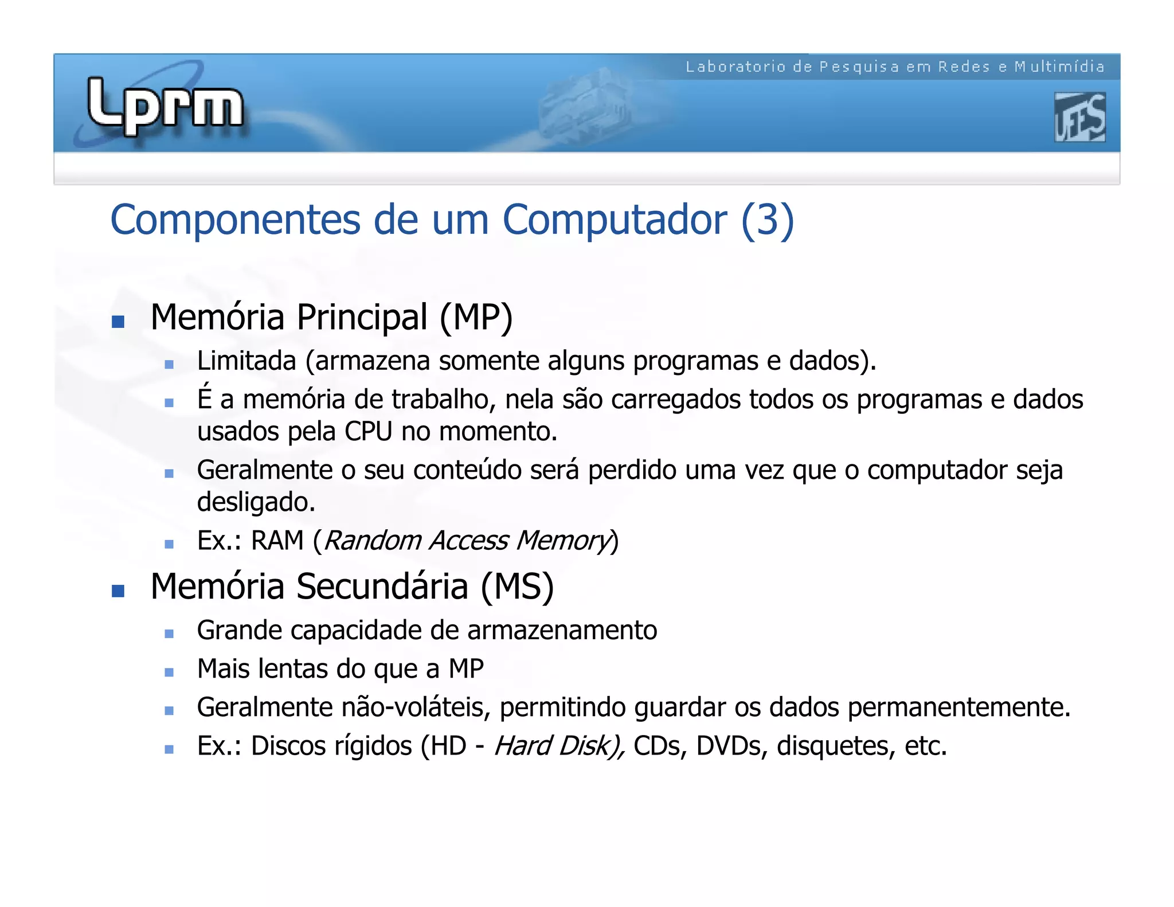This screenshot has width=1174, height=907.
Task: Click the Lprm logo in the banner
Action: pos(165,106)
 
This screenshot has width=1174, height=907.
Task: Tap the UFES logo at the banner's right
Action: pos(1079,118)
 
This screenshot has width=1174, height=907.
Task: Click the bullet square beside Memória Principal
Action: pos(118,322)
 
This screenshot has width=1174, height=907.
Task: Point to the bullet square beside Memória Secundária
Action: pos(118,591)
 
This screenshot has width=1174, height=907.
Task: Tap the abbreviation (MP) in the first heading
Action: pos(476,317)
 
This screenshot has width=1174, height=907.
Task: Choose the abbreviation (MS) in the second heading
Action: pos(517,587)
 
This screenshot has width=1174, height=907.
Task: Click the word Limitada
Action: pos(246,361)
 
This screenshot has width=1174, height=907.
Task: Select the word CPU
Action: pos(369,431)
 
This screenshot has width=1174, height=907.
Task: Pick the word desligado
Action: pos(256,502)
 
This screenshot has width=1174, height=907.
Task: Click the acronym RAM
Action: pos(277,541)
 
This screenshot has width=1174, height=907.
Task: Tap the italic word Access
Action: pos(469,541)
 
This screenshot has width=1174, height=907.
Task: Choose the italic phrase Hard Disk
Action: pos(557,746)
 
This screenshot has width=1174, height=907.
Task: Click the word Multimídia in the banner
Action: pos(1059,67)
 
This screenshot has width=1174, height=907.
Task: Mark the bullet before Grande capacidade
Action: pos(169,634)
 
